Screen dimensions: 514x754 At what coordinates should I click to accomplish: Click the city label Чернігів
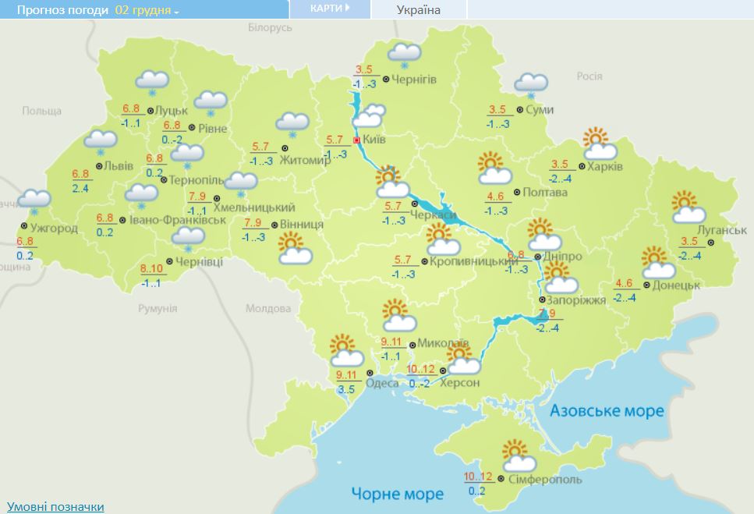(414, 80)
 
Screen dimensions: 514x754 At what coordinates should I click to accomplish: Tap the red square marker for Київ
(356, 140)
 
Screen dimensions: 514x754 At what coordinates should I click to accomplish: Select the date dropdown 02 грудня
(147, 10)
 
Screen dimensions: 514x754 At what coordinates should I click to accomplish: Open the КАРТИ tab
(327, 9)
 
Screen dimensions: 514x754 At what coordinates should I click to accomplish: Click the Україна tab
(418, 9)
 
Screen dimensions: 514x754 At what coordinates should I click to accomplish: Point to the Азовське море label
(607, 411)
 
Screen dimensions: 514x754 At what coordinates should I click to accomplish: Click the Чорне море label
(397, 494)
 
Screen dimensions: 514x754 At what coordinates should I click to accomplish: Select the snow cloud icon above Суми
(531, 84)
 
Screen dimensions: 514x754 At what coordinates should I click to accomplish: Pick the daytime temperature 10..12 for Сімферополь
(477, 477)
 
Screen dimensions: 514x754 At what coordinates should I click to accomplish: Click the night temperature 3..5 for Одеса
(345, 388)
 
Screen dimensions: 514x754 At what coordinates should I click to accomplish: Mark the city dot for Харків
(582, 166)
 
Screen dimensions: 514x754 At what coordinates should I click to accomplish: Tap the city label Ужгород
(53, 229)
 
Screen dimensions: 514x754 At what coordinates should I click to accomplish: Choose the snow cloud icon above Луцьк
(152, 82)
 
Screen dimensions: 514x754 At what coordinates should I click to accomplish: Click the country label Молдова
(267, 309)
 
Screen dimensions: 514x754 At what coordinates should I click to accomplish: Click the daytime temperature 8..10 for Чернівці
(151, 269)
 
